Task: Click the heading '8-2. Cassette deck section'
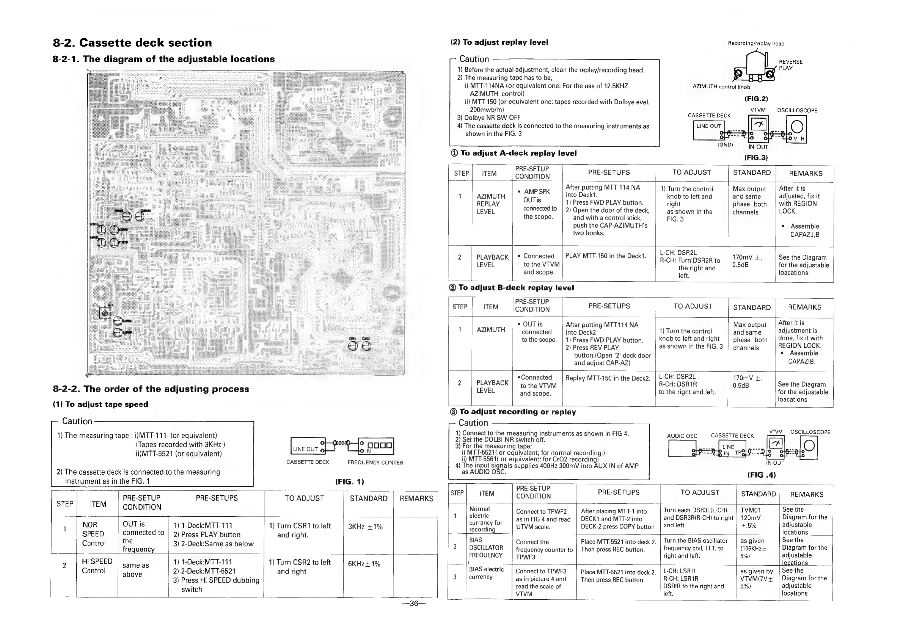[x=132, y=42]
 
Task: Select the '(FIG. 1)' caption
[x=349, y=481]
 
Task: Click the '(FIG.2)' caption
[x=756, y=99]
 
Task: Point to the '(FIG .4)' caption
[x=762, y=475]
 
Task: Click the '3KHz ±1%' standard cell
[x=365, y=527]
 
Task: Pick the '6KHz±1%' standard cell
[x=364, y=564]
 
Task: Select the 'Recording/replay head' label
[x=756, y=44]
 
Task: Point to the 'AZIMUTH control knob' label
[x=721, y=87]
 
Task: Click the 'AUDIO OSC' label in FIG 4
[x=682, y=436]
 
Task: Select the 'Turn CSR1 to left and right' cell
[x=300, y=530]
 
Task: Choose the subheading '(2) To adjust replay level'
[x=499, y=42]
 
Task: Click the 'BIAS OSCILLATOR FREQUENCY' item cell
[x=486, y=547]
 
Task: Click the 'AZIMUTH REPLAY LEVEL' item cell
[x=490, y=204]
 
